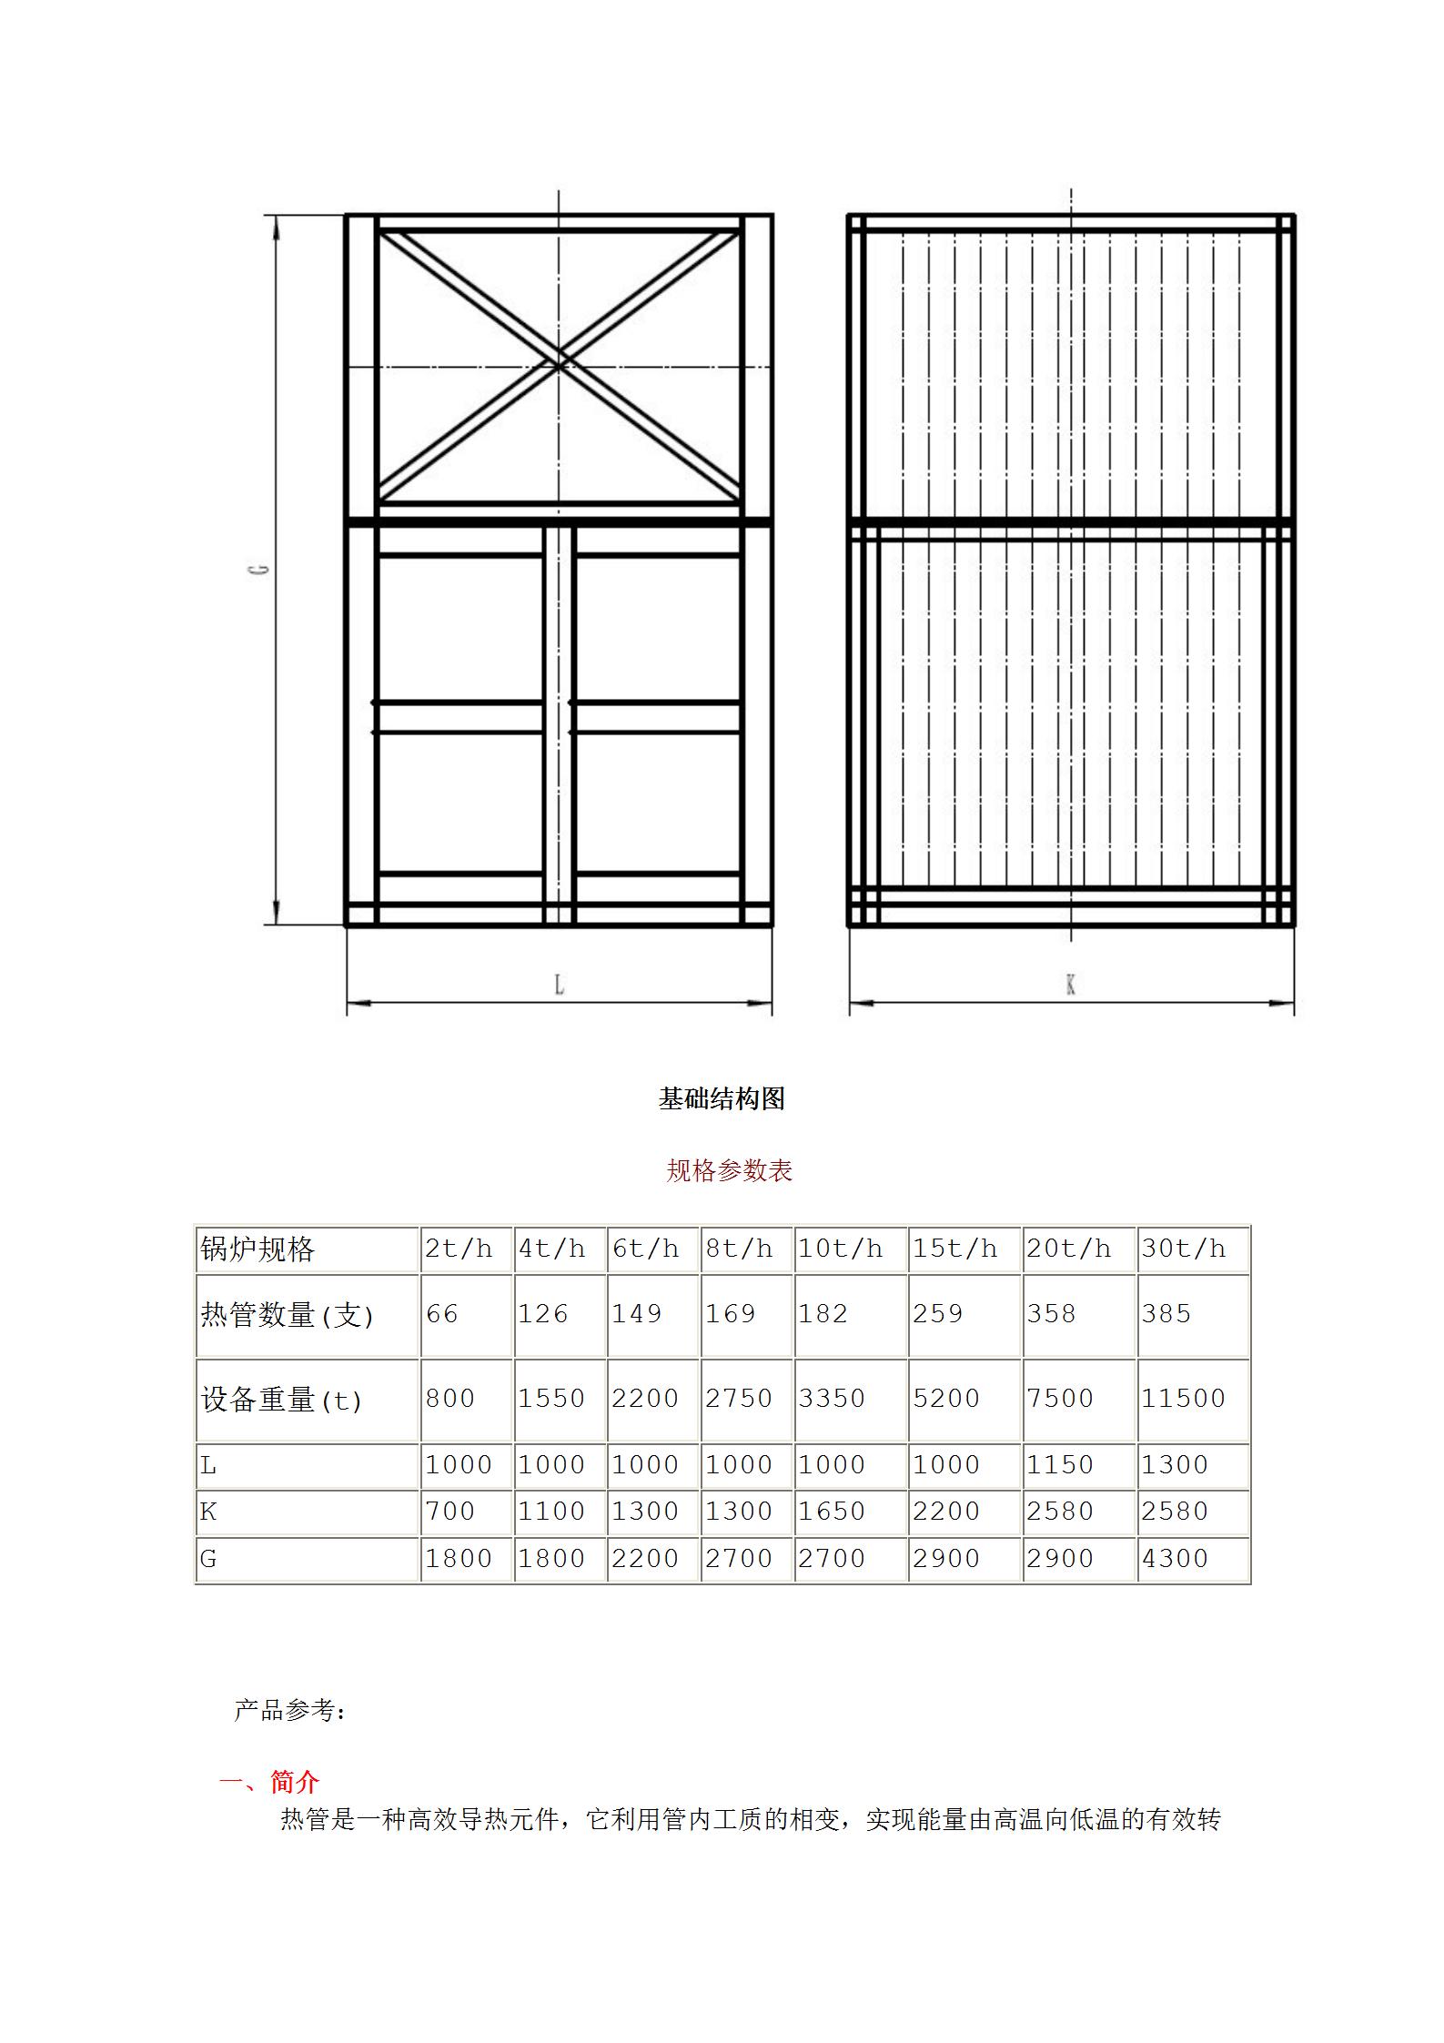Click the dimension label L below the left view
point(560,984)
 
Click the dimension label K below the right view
point(1071,984)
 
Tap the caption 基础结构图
point(722,1099)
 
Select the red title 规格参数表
point(729,1170)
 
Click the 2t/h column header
point(459,1249)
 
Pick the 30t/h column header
point(1184,1249)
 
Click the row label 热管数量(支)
point(287,1315)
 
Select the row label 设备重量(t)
point(281,1400)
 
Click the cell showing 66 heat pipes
point(442,1314)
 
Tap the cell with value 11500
point(1184,1399)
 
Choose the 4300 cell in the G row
point(1175,1559)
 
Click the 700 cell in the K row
point(450,1512)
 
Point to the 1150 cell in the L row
point(1060,1465)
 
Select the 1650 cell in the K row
point(832,1512)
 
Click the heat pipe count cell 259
point(937,1314)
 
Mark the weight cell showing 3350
point(832,1399)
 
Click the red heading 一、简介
point(269,1782)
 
